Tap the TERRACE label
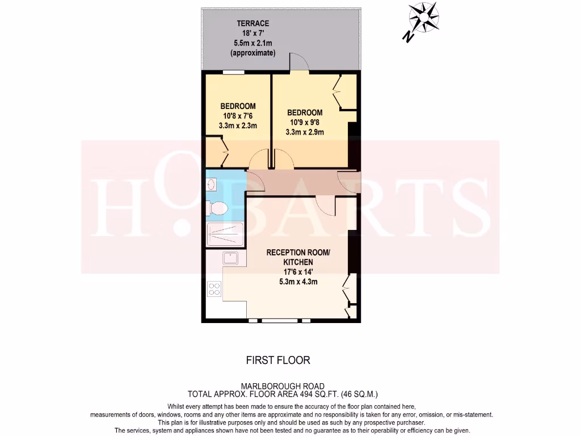(253, 24)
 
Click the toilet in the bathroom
(217, 208)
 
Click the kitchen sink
(231, 259)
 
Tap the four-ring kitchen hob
(214, 289)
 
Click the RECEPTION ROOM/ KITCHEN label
(298, 257)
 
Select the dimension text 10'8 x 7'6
(238, 116)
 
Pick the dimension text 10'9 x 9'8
(305, 123)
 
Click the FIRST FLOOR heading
(278, 360)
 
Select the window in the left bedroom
(234, 72)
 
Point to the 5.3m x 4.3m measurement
(298, 282)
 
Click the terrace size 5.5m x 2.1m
(253, 43)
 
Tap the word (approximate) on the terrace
(253, 53)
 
